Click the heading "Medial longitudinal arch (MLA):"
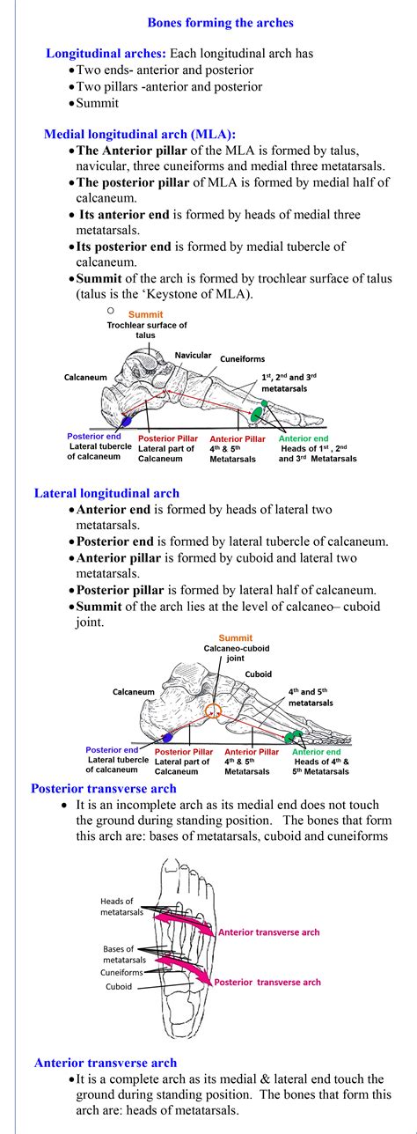(x=140, y=135)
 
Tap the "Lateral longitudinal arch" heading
(x=106, y=493)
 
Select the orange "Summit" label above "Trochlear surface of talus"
(x=146, y=314)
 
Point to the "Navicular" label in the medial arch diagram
(x=193, y=355)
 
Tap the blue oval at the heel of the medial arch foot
(x=126, y=422)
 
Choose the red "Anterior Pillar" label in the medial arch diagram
(x=237, y=438)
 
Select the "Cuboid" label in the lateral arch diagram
(x=259, y=674)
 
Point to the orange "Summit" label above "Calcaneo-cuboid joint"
(x=235, y=638)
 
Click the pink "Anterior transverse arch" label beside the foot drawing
(x=268, y=931)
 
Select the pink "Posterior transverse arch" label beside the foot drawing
(x=267, y=982)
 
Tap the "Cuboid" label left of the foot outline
(x=119, y=987)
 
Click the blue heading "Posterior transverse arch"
(x=104, y=789)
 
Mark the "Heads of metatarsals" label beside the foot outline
(x=117, y=907)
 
